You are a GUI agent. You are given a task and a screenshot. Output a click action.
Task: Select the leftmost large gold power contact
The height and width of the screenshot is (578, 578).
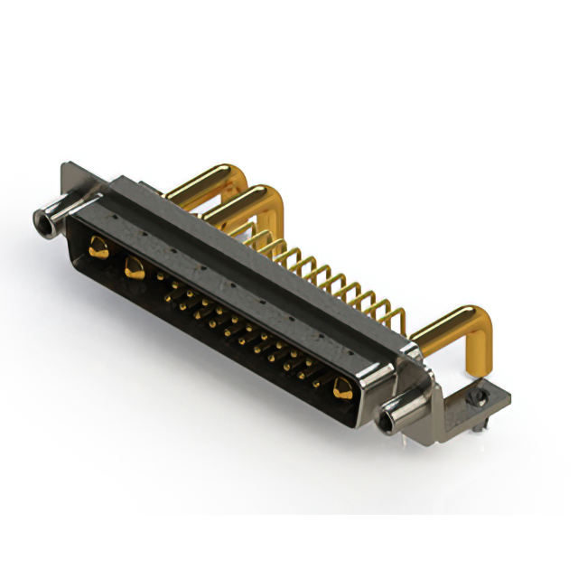[98, 246]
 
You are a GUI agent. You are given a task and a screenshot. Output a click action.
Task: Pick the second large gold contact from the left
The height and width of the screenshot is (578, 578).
[135, 266]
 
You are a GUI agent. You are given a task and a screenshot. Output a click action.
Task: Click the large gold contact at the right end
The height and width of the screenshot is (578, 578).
[342, 389]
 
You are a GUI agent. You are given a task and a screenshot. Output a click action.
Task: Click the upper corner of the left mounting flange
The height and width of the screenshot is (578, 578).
[66, 167]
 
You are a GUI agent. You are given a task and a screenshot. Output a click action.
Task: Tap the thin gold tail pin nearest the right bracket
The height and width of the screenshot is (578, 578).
[397, 316]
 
